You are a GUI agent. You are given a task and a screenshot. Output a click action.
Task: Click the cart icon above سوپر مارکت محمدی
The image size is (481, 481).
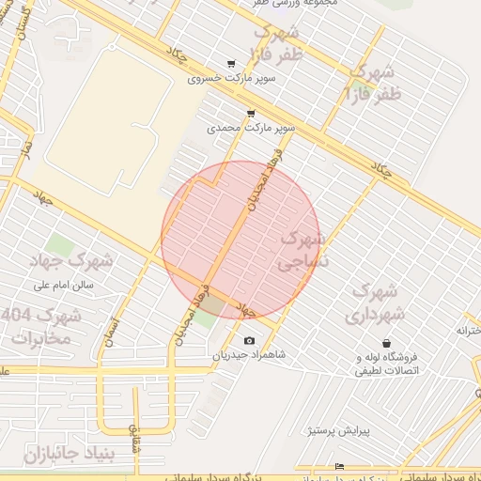click(x=250, y=113)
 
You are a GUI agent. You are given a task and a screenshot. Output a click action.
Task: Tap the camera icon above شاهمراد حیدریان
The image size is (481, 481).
click(x=248, y=340)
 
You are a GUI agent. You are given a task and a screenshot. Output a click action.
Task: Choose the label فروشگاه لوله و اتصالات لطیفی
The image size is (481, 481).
click(x=385, y=365)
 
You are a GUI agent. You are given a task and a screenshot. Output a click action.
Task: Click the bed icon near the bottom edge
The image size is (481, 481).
click(x=339, y=466)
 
